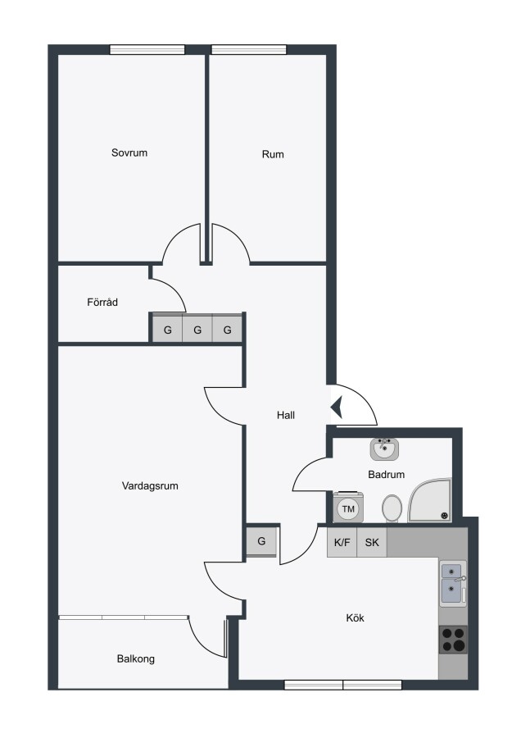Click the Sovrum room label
coord(129,153)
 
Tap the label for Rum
coord(273,154)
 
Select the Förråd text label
coord(102,302)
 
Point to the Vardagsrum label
coord(150,485)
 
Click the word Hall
coord(286,415)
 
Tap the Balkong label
coord(135,659)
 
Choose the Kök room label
coord(355,618)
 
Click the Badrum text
coord(386,475)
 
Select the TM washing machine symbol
coord(348,508)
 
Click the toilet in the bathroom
coord(392,508)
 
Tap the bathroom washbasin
coord(384,449)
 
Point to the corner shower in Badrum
coord(430,500)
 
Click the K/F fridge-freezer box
coord(342,542)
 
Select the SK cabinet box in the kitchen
coord(372,542)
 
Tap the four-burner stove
coord(453,640)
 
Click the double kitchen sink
coord(453,583)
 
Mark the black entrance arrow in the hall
coord(337,408)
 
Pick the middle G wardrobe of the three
coord(197,329)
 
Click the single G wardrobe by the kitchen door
coord(261,541)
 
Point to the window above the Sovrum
coord(147,49)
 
